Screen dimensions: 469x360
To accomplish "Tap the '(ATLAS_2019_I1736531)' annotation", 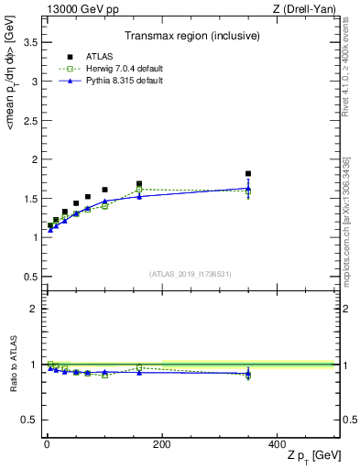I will [x=191, y=273].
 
